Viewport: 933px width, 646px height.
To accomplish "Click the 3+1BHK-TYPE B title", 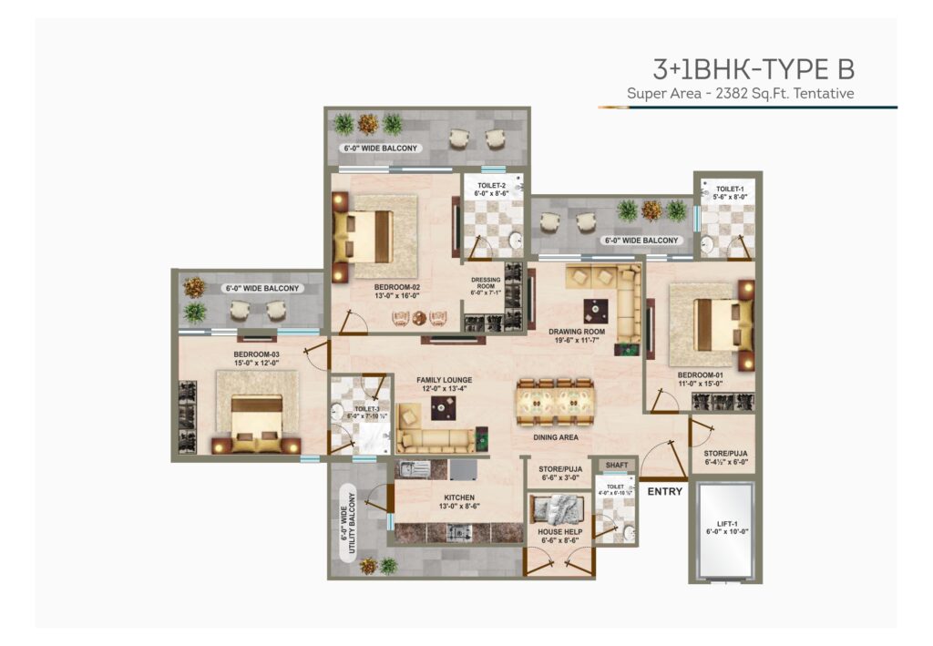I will (753, 68).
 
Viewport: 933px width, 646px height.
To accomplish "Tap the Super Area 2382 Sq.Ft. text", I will (740, 93).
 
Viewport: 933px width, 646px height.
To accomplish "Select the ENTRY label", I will (665, 492).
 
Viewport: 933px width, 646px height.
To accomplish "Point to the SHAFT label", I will (617, 465).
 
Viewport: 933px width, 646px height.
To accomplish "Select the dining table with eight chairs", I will (556, 402).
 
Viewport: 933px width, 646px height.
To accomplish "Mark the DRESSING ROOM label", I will (485, 285).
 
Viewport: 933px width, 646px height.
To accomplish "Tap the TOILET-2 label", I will (493, 189).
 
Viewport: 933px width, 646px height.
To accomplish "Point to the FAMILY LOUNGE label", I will (445, 384).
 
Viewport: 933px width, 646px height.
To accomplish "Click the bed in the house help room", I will (558, 507).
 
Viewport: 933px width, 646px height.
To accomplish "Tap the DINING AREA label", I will (557, 437).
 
